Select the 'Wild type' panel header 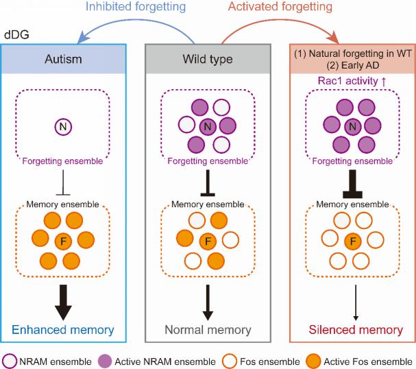click(208, 60)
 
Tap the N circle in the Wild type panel click(208, 127)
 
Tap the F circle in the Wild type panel click(208, 240)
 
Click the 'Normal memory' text click(208, 330)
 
